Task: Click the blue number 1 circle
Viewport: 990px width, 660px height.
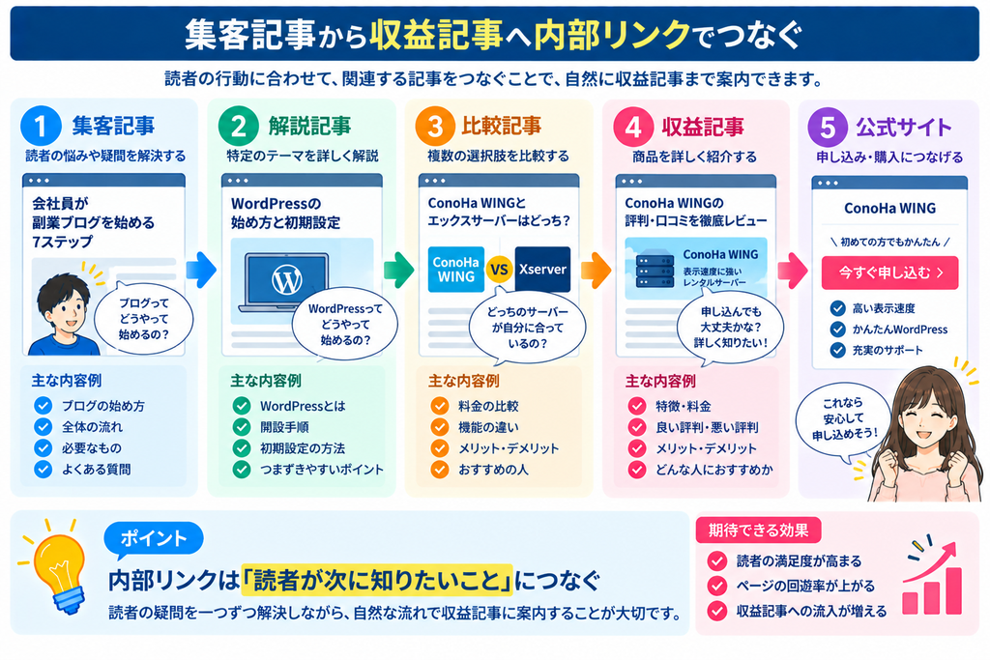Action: point(41,126)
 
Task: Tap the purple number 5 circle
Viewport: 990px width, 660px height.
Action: point(828,127)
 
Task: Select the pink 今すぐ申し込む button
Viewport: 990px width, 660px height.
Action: point(889,273)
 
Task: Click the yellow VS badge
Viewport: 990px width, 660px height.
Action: point(499,270)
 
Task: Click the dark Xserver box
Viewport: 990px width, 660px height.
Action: point(542,270)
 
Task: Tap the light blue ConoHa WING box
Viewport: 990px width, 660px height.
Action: point(456,270)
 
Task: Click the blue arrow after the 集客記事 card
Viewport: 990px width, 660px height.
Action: point(201,270)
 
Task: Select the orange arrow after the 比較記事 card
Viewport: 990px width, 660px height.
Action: point(596,270)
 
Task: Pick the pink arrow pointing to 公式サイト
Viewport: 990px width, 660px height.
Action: point(793,271)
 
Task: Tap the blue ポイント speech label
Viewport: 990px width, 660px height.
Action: point(154,539)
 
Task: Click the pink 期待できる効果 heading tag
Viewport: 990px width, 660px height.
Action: point(758,530)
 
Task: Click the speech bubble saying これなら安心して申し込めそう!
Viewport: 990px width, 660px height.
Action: point(843,418)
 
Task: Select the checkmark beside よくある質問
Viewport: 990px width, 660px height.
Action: point(43,470)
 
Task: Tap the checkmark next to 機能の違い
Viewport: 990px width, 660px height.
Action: point(440,427)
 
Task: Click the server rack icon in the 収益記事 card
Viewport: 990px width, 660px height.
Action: point(655,271)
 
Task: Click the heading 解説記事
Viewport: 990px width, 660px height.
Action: point(309,127)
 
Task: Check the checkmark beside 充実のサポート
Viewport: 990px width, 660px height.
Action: point(838,350)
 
